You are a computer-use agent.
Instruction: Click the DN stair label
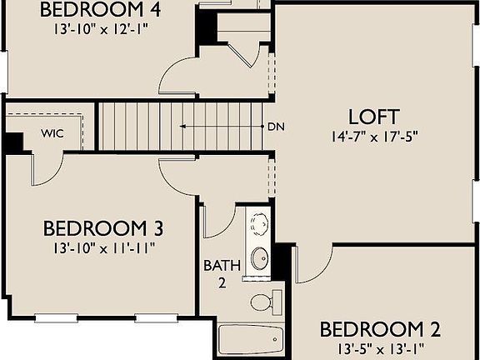click(277, 127)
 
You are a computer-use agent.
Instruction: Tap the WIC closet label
click(52, 132)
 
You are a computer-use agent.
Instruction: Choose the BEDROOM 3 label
click(102, 228)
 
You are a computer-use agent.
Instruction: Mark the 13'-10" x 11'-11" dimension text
click(102, 247)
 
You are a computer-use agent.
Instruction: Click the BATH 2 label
click(222, 274)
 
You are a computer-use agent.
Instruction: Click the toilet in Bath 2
click(263, 301)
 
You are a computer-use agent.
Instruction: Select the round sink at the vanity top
click(260, 222)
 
